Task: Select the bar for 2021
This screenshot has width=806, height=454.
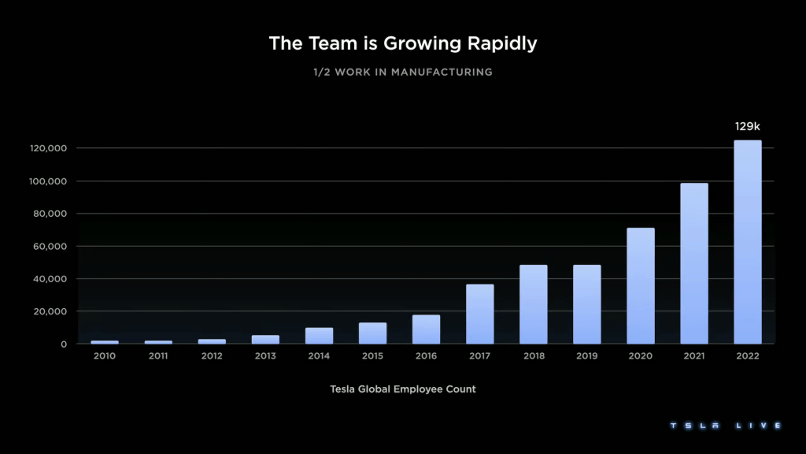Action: pyautogui.click(x=693, y=263)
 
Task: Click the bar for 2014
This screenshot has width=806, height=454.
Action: pyautogui.click(x=319, y=336)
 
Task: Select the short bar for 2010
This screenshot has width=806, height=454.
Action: pyautogui.click(x=105, y=342)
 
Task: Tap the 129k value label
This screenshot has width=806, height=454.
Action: pyautogui.click(x=747, y=126)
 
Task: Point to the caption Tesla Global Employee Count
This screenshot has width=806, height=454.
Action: pyautogui.click(x=403, y=389)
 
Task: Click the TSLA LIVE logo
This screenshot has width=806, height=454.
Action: pyautogui.click(x=725, y=426)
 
